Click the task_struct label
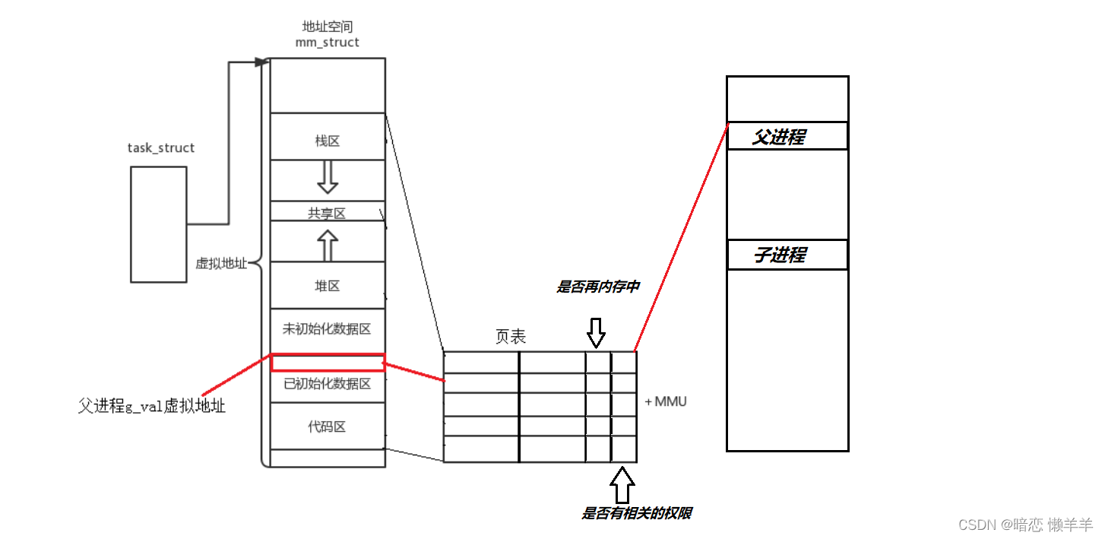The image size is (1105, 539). [x=160, y=147]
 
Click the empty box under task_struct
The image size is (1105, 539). [x=158, y=224]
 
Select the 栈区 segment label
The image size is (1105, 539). [x=327, y=141]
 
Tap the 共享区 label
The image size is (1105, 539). [x=327, y=214]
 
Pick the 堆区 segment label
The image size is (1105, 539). [x=327, y=286]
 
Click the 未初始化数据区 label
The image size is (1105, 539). [x=327, y=329]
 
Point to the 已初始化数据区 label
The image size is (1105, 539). [x=327, y=384]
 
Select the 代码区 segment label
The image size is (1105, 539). [x=327, y=426]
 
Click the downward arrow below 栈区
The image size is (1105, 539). [x=327, y=177]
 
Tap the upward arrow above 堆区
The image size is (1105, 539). [x=327, y=245]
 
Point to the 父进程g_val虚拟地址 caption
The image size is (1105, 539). [x=152, y=406]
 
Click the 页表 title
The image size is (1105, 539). [x=510, y=337]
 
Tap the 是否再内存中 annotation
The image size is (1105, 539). [x=598, y=287]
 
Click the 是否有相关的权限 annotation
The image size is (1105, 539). [x=636, y=513]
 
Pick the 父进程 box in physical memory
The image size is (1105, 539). [x=787, y=136]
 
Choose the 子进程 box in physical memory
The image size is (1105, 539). [x=787, y=255]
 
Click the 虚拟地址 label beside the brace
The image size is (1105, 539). [x=221, y=263]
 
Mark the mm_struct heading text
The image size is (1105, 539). [x=327, y=42]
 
